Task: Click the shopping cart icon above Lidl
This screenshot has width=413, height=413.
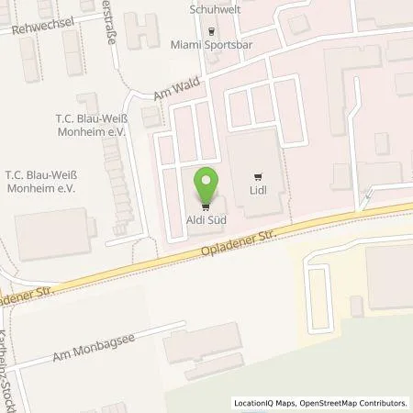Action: coord(257,178)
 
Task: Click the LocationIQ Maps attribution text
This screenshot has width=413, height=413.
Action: coord(262,402)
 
